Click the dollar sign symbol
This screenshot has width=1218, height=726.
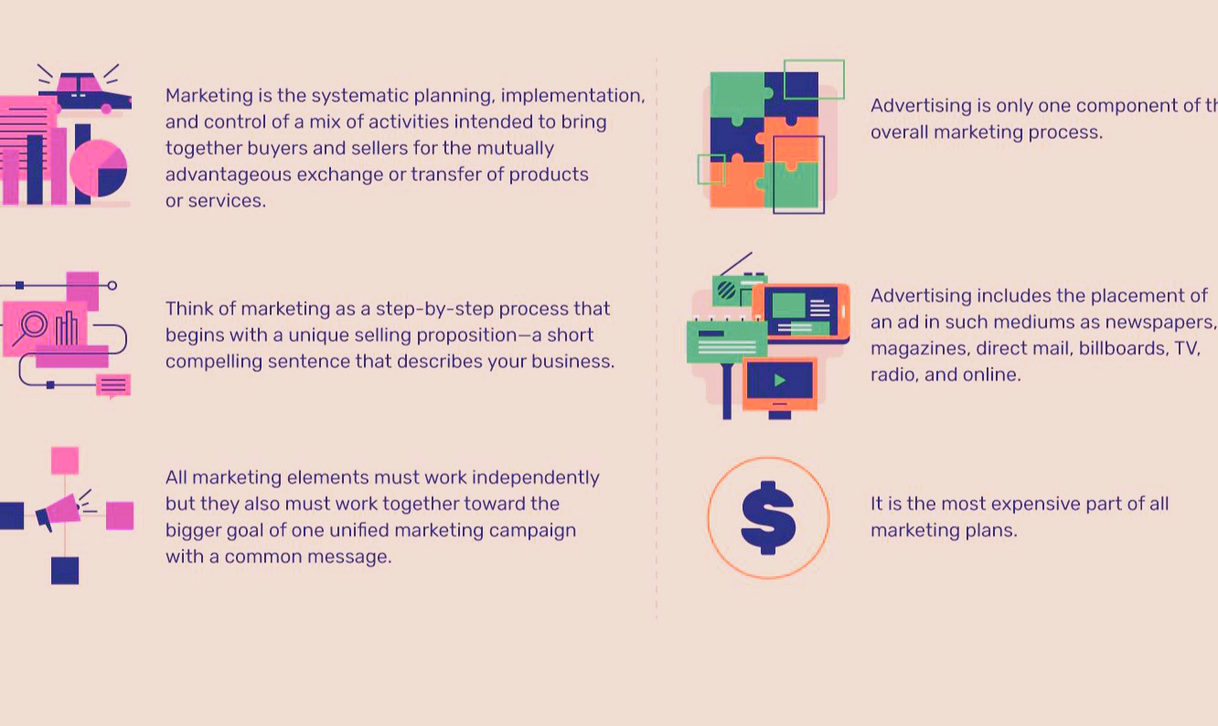pos(768,518)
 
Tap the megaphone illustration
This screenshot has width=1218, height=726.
pos(59,512)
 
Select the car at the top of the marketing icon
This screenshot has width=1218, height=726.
pos(86,92)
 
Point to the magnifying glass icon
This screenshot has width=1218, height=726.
pos(30,327)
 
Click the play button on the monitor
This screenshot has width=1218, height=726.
pos(780,380)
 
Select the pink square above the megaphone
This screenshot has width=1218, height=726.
pos(65,461)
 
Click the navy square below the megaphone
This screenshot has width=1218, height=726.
pos(65,571)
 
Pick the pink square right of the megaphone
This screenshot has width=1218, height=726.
pos(120,516)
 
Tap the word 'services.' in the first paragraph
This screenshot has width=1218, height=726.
pos(228,200)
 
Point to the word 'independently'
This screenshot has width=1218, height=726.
pos(536,478)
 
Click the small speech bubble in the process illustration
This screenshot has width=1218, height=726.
pos(113,386)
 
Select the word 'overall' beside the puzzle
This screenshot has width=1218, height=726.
pos(900,133)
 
